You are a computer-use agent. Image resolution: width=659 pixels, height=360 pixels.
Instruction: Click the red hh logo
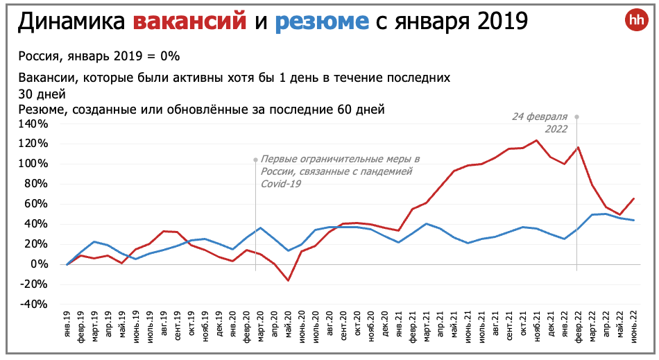click(x=635, y=20)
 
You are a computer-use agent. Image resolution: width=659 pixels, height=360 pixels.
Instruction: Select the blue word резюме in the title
click(x=322, y=22)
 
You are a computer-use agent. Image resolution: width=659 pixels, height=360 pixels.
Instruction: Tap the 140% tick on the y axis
click(x=34, y=124)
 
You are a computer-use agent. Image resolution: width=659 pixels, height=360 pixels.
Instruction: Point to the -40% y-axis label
click(x=34, y=305)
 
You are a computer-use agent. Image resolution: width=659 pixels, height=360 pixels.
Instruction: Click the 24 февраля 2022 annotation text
click(x=540, y=123)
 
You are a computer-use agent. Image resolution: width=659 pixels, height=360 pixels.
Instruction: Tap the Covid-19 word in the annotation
click(x=282, y=184)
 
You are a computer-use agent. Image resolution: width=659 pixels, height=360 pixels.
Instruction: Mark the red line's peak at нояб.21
click(x=536, y=141)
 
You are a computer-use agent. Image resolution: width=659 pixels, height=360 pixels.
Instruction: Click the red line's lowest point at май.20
click(x=288, y=280)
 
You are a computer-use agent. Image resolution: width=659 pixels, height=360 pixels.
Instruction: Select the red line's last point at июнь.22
click(x=633, y=199)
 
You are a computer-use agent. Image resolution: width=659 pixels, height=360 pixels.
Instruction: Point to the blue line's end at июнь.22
click(x=633, y=220)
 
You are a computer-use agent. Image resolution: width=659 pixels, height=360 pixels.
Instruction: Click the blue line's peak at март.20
click(x=260, y=228)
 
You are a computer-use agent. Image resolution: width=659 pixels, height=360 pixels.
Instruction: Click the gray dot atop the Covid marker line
click(x=255, y=160)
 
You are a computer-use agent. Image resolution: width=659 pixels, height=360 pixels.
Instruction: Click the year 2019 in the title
click(x=497, y=22)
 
